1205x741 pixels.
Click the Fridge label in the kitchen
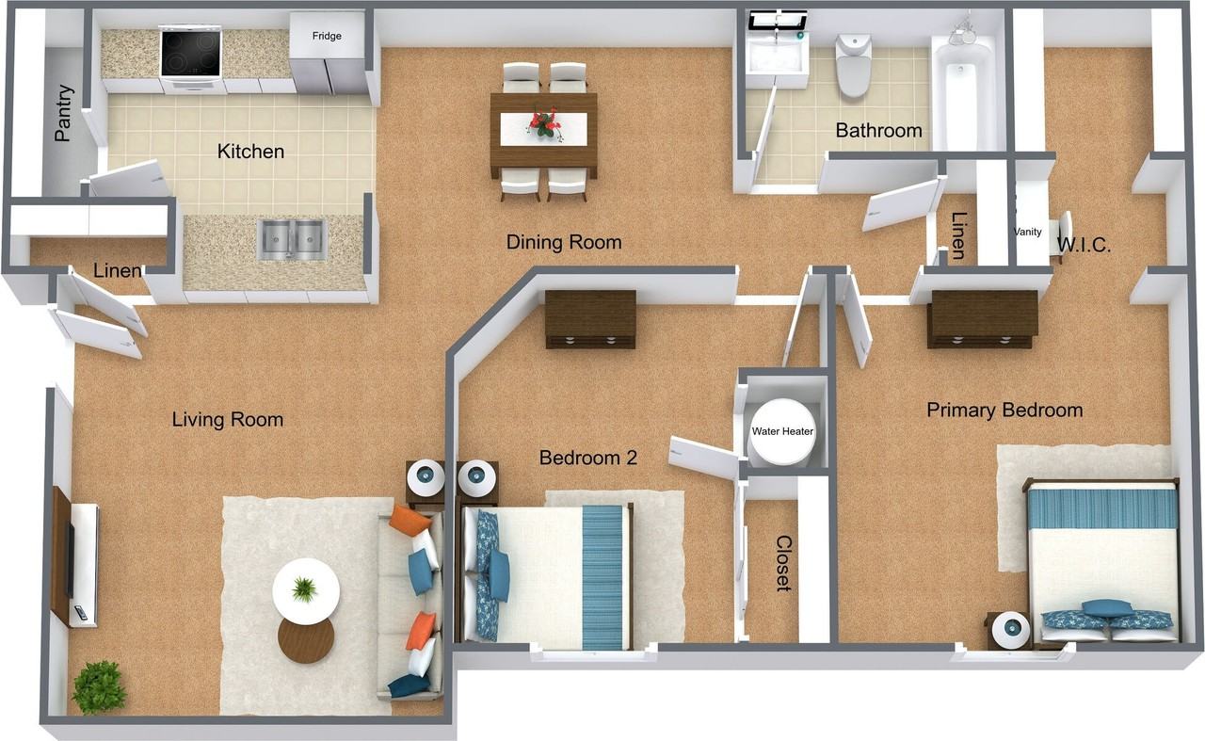click(327, 37)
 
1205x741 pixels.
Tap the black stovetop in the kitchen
click(190, 53)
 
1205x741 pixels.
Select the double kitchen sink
click(292, 240)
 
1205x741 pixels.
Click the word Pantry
click(63, 113)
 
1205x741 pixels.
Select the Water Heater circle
click(781, 432)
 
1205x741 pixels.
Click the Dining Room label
click(564, 242)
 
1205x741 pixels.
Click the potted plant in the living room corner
click(99, 686)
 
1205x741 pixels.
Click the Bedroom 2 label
click(587, 459)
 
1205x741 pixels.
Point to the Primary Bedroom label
click(1004, 411)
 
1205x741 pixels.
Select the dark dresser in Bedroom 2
click(590, 319)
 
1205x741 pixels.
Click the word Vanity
click(1027, 232)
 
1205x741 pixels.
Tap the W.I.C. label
click(1084, 247)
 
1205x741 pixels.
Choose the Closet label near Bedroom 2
click(783, 563)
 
